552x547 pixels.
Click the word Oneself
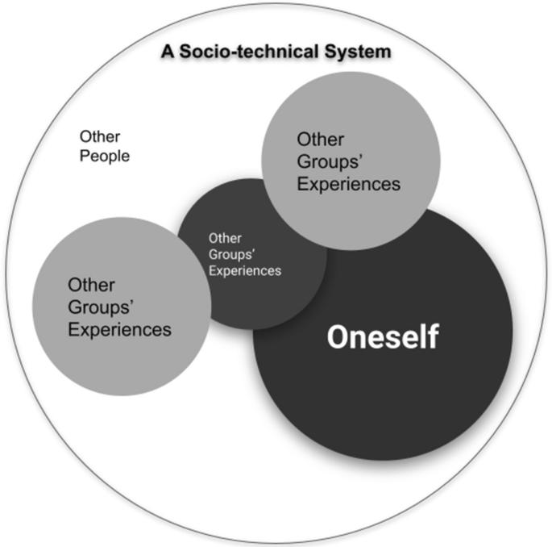(x=382, y=337)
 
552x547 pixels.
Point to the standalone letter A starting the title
(x=167, y=52)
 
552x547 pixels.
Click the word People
(x=104, y=156)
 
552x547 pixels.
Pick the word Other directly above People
(x=100, y=137)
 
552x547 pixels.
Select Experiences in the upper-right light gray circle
(x=349, y=183)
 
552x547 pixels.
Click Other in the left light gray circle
(x=91, y=285)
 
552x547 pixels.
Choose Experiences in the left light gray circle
(x=119, y=329)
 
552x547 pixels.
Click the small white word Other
(x=224, y=238)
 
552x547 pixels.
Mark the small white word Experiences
(x=244, y=271)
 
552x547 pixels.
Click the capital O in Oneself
(x=337, y=337)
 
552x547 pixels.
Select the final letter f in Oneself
(x=433, y=336)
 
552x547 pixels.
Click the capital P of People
(x=84, y=156)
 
